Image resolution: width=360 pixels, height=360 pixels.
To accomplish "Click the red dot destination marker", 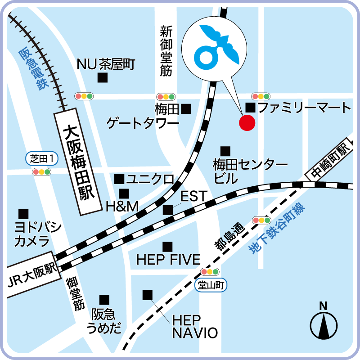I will click(247, 122).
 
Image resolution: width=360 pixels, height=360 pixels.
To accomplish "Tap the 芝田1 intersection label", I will click(42, 158).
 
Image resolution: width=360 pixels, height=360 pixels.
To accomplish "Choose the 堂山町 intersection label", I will click(211, 284).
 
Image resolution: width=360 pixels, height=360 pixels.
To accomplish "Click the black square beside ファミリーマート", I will click(250, 108).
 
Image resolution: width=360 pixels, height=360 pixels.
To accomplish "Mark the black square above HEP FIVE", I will click(167, 247).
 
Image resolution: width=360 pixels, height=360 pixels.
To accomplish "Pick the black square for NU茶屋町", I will click(103, 78).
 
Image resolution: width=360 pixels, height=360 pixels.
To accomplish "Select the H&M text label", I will click(121, 207).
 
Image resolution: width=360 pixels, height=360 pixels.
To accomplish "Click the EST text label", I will click(193, 197).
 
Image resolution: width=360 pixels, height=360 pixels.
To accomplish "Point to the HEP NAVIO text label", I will click(195, 326).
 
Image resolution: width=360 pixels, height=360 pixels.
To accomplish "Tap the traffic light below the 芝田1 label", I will click(41, 171).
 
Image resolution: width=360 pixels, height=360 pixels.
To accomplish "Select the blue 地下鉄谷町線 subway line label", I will click(277, 229).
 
